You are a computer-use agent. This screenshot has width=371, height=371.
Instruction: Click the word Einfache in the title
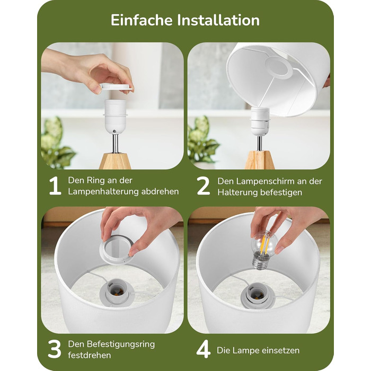[142, 20]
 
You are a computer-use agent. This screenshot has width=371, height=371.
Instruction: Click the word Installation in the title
[218, 20]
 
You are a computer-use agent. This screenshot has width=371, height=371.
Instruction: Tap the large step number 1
[55, 187]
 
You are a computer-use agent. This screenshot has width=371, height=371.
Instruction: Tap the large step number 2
[204, 187]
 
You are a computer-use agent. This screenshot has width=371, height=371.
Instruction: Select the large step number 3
[55, 350]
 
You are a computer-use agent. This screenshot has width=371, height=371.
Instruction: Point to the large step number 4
[204, 350]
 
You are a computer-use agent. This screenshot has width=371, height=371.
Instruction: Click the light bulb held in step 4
[263, 245]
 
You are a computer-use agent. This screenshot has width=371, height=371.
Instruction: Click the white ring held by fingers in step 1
[117, 86]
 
